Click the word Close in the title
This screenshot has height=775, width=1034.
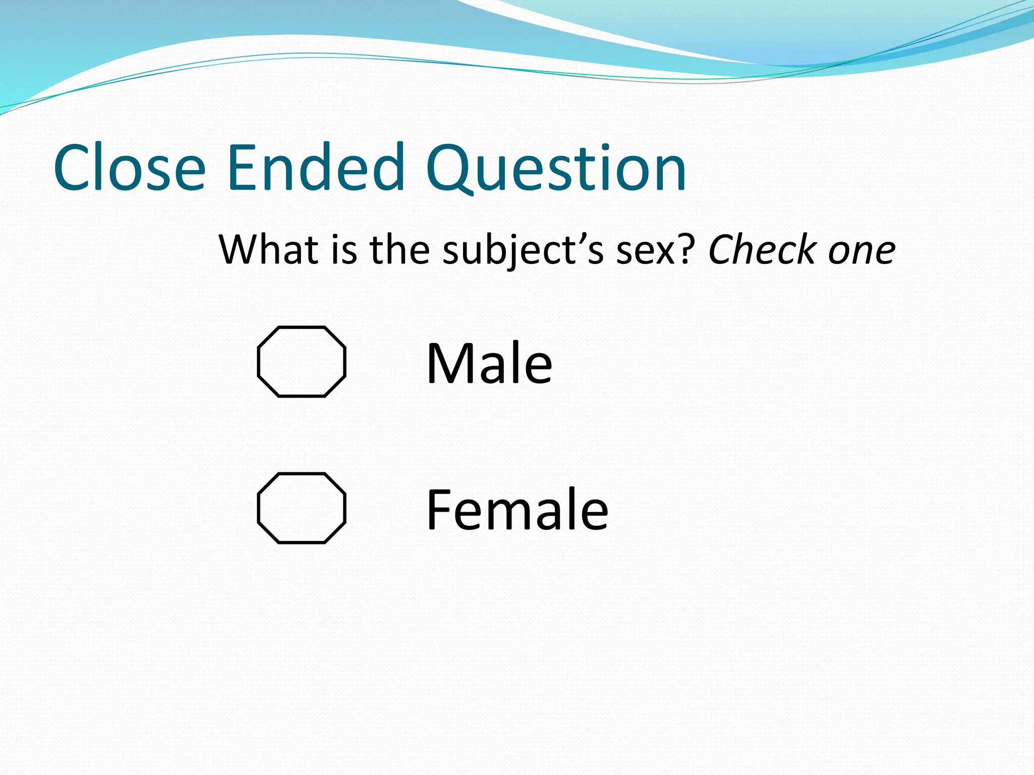129,168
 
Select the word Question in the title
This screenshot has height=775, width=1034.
556,169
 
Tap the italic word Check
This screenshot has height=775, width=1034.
761,249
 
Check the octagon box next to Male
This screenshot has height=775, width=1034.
302,362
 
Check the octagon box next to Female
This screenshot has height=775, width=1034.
302,508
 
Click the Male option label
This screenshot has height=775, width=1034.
489,363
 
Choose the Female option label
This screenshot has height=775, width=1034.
517,510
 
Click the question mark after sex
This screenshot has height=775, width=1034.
688,249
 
